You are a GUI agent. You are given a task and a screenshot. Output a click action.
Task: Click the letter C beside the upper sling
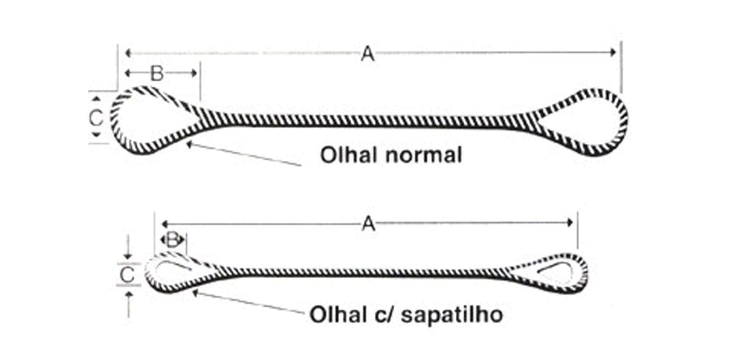coord(96,118)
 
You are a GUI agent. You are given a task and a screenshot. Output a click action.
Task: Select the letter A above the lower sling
coord(368,223)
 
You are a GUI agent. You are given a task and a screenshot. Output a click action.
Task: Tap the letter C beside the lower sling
coord(127,275)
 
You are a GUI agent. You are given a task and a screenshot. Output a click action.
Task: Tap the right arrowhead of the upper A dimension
coord(614,53)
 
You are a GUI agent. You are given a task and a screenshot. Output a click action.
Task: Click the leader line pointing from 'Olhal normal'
coord(244,154)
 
